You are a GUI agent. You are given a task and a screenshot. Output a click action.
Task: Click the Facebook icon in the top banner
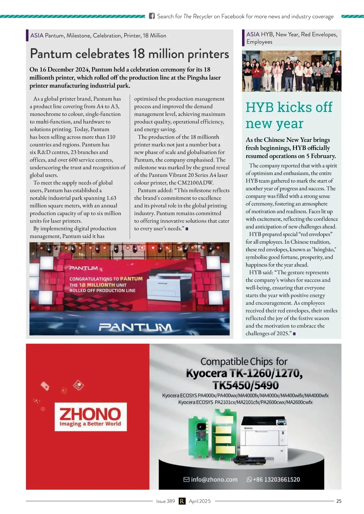tap(152, 16)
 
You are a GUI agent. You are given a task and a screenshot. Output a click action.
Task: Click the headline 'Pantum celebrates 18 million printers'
tap(129, 54)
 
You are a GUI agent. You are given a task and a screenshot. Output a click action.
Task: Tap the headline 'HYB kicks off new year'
tap(289, 115)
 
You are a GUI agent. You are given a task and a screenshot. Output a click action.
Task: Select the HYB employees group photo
tap(292, 71)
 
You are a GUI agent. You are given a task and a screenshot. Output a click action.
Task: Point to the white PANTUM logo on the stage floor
tap(135, 328)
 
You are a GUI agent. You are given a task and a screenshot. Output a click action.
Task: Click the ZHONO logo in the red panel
tap(90, 416)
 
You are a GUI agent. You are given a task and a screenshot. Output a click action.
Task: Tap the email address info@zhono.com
tap(214, 479)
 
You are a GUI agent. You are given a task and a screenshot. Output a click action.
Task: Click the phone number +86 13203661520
tap(276, 479)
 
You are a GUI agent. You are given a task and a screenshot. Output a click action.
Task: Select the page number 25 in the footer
tap(339, 501)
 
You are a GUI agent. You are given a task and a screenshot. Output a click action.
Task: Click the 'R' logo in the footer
tap(182, 501)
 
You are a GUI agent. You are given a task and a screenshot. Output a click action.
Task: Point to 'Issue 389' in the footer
tap(165, 501)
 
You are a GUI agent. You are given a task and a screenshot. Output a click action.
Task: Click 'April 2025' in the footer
tap(200, 501)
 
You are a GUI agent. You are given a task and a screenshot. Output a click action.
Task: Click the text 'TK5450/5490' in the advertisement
tap(245, 385)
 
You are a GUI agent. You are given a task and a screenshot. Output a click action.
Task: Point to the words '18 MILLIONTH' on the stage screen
tap(97, 285)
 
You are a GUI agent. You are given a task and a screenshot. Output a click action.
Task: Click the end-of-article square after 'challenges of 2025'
tap(294, 334)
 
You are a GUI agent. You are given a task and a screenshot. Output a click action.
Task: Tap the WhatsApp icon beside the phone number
tap(249, 479)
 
